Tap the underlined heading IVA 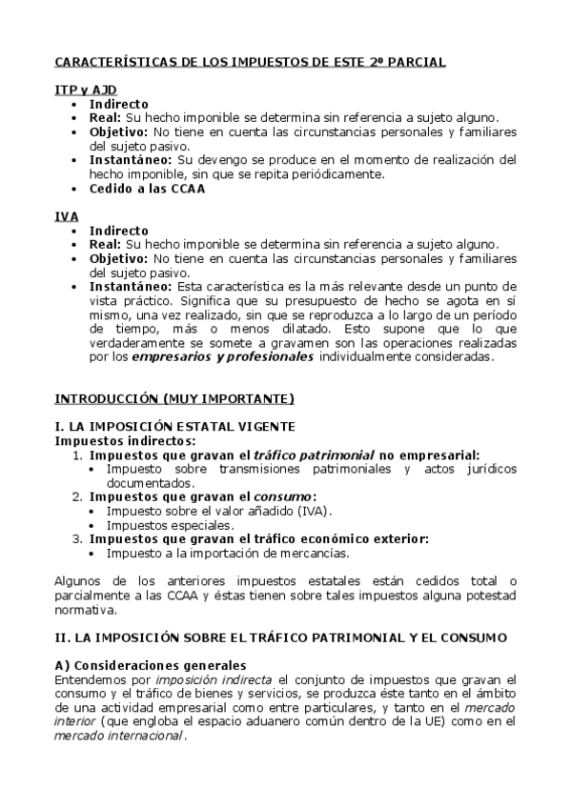(66, 217)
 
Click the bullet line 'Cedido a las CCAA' (147, 189)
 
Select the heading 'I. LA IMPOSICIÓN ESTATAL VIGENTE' (174, 426)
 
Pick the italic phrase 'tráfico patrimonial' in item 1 (305, 455)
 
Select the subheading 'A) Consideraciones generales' (150, 664)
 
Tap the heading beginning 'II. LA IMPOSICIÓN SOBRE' (280, 636)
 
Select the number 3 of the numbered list (78, 539)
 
